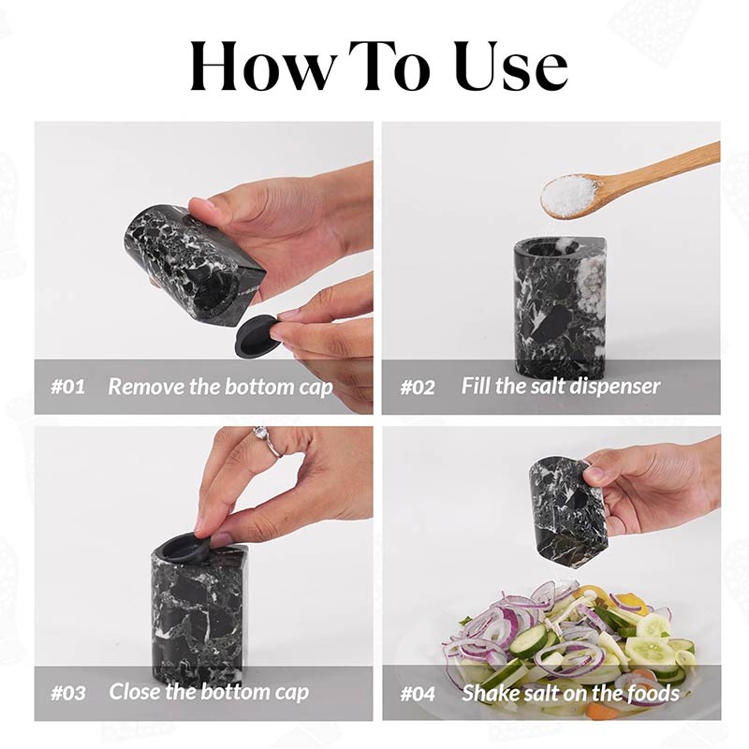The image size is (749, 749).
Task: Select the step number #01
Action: [x=66, y=387]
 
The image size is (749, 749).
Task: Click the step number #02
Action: [x=418, y=387]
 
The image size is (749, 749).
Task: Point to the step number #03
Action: [x=67, y=694]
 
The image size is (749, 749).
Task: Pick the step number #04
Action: [x=419, y=694]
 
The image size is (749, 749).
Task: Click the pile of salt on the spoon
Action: [x=569, y=195]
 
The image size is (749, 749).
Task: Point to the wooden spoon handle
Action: [x=665, y=168]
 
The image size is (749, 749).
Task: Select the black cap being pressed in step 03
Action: [x=187, y=549]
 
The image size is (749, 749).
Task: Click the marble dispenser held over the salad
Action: [x=567, y=510]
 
